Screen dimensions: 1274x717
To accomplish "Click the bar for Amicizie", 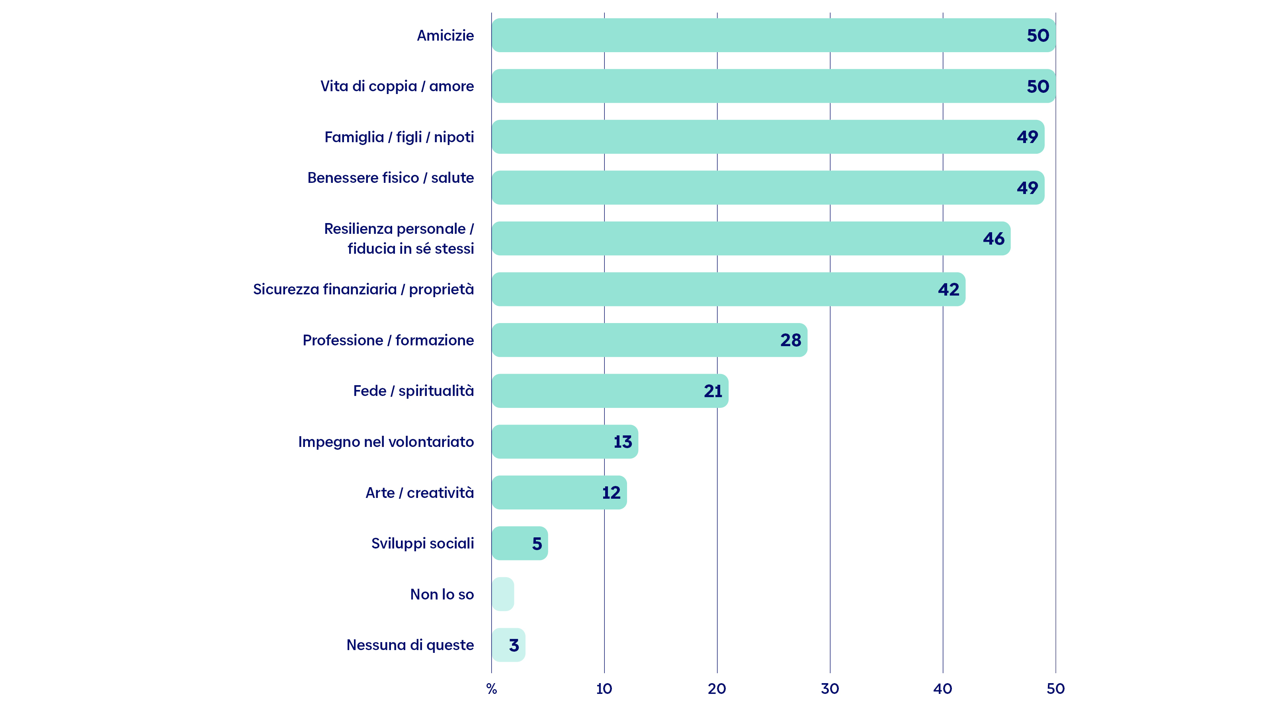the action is click(774, 35).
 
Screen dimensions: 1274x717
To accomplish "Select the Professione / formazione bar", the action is click(649, 340).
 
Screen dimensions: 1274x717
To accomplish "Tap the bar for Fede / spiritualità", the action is click(610, 391).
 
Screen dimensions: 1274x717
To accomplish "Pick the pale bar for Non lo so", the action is click(503, 594).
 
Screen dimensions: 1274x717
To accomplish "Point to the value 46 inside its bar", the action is click(994, 239).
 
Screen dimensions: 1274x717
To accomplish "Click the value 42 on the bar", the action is click(949, 290).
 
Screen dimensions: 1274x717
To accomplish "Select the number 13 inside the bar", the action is click(623, 442).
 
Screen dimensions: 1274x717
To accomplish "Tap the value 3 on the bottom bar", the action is click(514, 645).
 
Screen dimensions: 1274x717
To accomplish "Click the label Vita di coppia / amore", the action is click(397, 86).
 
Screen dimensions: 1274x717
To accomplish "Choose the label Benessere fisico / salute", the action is click(391, 178).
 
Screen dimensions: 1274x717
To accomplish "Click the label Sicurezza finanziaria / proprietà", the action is click(363, 290).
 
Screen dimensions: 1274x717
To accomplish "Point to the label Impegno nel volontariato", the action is click(386, 442).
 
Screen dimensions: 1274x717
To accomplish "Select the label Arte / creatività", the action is click(420, 493).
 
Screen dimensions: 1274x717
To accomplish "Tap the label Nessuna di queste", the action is click(410, 645).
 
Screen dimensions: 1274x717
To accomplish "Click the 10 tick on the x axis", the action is click(604, 689).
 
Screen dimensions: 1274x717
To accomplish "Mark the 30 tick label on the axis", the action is click(830, 689).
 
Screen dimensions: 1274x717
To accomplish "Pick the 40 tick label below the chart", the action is click(943, 689).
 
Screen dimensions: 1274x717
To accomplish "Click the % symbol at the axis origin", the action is click(492, 689).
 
